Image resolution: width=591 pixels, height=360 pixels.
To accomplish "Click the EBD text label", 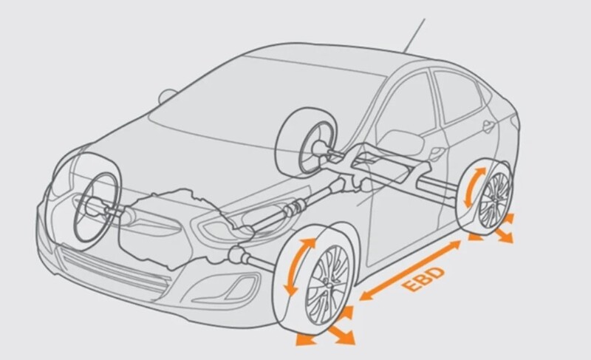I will [414, 271].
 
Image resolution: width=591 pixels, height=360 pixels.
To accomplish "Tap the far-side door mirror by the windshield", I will [168, 95].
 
